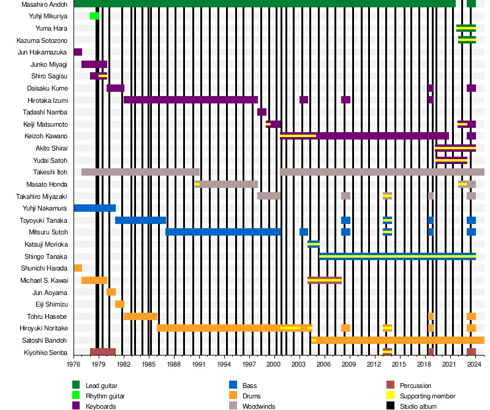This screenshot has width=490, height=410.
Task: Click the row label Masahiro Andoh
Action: pyautogui.click(x=44, y=4)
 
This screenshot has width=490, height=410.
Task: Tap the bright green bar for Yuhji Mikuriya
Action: pyautogui.click(x=94, y=16)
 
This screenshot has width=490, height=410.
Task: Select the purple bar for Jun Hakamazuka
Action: pyautogui.click(x=78, y=52)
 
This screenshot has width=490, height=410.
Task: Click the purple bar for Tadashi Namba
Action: pyautogui.click(x=262, y=112)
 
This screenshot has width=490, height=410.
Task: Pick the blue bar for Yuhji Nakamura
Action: pyautogui.click(x=94, y=208)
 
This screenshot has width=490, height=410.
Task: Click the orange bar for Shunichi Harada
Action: pyautogui.click(x=78, y=268)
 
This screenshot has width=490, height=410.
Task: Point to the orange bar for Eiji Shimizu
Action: pyautogui.click(x=119, y=304)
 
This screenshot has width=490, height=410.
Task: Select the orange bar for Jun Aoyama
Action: pyautogui.click(x=111, y=292)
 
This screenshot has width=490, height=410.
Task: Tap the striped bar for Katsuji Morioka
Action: pyautogui.click(x=314, y=244)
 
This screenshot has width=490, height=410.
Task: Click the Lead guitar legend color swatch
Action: pyautogui.click(x=76, y=386)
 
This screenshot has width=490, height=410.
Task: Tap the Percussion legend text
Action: pyautogui.click(x=415, y=386)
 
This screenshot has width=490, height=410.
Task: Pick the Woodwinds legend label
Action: pyautogui.click(x=259, y=406)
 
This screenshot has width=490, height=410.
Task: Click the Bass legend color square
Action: pyautogui.click(x=233, y=386)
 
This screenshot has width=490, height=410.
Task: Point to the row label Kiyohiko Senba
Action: pyautogui.click(x=46, y=352)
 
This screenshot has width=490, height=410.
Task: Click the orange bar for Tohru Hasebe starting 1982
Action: pyautogui.click(x=140, y=316)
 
